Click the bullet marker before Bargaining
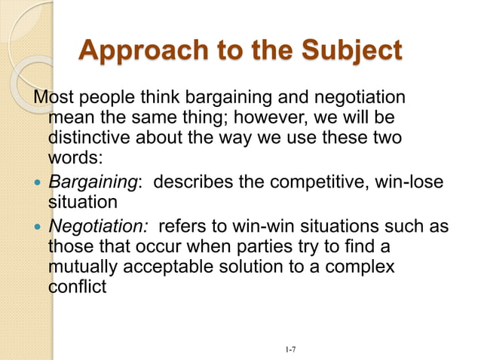click(38, 182)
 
